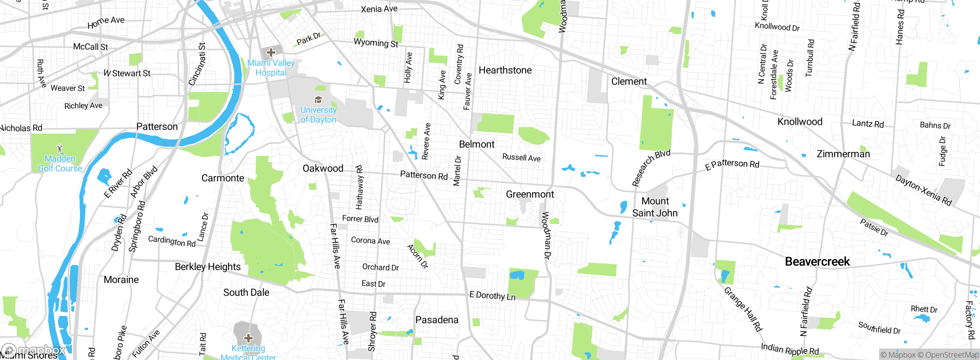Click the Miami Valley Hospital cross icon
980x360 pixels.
click(271, 52)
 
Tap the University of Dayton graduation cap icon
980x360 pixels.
click(318, 100)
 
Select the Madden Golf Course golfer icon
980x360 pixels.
click(60, 149)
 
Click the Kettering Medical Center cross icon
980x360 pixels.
click(248, 338)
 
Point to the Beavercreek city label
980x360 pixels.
click(817, 262)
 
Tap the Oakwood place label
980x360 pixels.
click(323, 169)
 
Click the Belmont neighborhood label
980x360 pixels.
click(477, 144)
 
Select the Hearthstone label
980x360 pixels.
click(505, 70)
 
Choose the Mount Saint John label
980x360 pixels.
click(655, 207)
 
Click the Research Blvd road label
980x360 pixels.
click(651, 167)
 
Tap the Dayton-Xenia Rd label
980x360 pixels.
click(923, 190)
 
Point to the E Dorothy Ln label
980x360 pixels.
click(492, 296)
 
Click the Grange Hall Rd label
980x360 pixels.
click(743, 309)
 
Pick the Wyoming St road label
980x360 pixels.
click(376, 43)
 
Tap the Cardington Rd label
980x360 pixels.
click(172, 241)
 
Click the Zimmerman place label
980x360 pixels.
click(843, 154)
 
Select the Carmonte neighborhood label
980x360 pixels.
click(222, 178)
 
